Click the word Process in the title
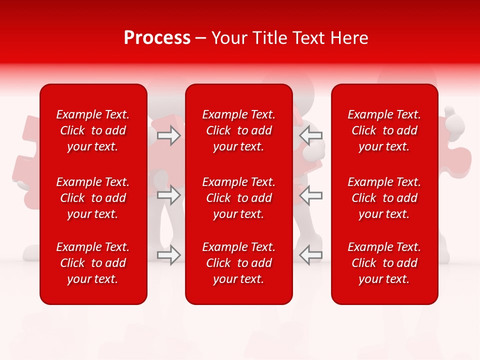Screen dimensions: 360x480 (157, 38)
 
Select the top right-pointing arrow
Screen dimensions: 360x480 (169, 135)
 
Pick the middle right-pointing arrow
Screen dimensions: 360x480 (169, 195)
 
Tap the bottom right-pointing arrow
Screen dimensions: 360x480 (169, 255)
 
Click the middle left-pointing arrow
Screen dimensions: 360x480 (311, 195)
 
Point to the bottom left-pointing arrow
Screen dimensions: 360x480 (311, 255)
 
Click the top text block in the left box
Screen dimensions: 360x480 (93, 130)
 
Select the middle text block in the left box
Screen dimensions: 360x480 (93, 198)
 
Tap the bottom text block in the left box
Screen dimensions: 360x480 (93, 263)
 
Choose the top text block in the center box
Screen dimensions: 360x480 (238, 130)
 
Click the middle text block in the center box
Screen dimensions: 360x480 (238, 198)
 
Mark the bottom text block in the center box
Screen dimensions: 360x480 (238, 263)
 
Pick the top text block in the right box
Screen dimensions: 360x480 (384, 130)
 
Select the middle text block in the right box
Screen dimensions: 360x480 (384, 198)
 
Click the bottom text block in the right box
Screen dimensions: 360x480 (384, 263)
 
